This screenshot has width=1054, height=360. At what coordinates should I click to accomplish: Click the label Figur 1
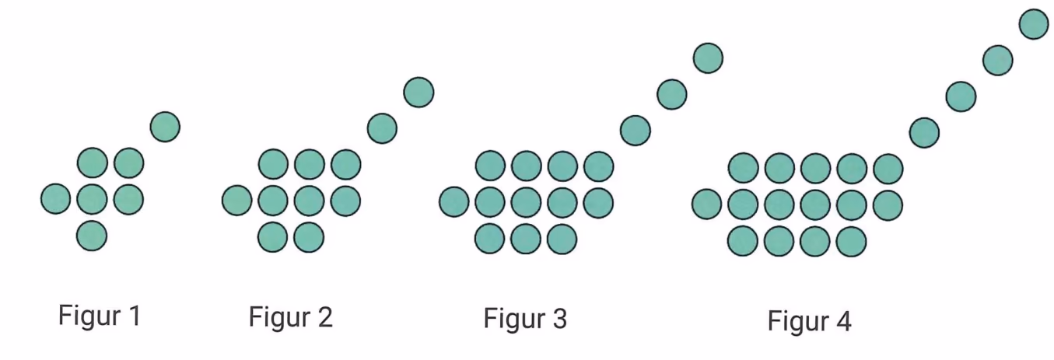point(100,316)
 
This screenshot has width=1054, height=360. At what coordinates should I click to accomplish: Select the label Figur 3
point(525,320)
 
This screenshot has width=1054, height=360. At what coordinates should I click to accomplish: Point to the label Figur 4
point(809,322)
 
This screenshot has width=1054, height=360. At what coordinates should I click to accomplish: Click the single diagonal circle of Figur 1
point(165,127)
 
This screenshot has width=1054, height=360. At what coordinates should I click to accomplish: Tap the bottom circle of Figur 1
point(92,236)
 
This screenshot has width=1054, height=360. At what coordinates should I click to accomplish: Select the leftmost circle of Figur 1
point(55,199)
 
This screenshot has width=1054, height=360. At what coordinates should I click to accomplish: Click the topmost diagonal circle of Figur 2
point(418,93)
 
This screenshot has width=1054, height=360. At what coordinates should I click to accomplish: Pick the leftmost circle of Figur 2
point(236,201)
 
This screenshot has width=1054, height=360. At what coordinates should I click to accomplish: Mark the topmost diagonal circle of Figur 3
point(708,58)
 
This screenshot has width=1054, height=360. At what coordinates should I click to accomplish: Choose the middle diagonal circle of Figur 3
point(672,95)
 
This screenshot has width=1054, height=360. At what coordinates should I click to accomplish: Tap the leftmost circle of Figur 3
point(454,202)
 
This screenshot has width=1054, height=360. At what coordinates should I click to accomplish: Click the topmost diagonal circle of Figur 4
point(1034,24)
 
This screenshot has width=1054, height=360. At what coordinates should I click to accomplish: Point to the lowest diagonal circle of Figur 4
point(925,133)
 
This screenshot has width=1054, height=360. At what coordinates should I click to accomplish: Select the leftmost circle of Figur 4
point(707,204)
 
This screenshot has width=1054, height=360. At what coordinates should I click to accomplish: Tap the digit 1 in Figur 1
point(135,316)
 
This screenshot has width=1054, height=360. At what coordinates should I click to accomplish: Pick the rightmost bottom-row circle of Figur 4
point(851,241)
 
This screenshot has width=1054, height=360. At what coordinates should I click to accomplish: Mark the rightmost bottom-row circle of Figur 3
point(562,239)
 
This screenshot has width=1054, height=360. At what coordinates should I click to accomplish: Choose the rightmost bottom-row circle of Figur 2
point(309,237)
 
